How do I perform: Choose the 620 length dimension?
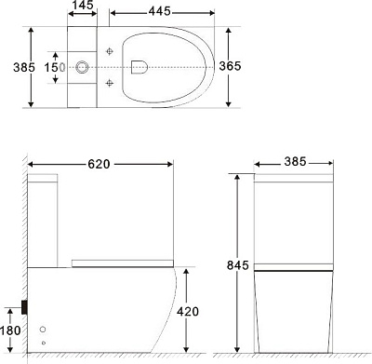100,165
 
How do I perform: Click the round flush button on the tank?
83,67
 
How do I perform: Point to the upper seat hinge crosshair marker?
110,50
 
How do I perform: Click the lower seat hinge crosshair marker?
110,84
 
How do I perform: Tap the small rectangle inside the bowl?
139,66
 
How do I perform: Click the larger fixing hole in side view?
44,330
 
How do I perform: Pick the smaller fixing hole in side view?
44,345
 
